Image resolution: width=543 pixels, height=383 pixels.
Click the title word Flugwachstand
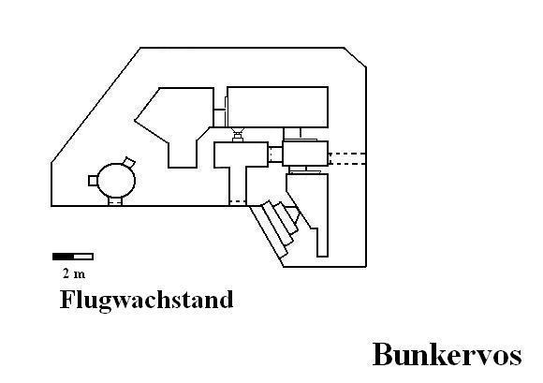point(146,300)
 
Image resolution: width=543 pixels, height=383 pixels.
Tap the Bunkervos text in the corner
point(448,355)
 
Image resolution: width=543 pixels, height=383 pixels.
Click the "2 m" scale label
point(74,274)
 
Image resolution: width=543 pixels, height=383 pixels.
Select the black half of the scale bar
point(63,257)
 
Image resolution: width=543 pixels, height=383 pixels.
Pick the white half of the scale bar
point(83,257)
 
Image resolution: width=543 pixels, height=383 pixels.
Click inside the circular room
point(116,181)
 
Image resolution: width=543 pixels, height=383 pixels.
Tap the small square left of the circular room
point(93,181)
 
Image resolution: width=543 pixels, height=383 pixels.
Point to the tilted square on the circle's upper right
point(129,162)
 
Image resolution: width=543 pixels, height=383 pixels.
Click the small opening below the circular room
point(115,201)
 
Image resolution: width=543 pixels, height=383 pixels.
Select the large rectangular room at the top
point(277,107)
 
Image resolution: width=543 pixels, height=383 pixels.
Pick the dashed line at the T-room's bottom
point(238,201)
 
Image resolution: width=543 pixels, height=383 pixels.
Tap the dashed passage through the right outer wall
point(347,158)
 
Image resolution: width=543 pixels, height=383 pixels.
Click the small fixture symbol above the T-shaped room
point(238,135)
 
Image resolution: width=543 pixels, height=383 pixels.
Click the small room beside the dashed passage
point(305,154)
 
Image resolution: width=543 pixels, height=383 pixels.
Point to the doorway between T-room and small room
point(275,154)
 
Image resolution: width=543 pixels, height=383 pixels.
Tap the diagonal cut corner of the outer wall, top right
point(356,57)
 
